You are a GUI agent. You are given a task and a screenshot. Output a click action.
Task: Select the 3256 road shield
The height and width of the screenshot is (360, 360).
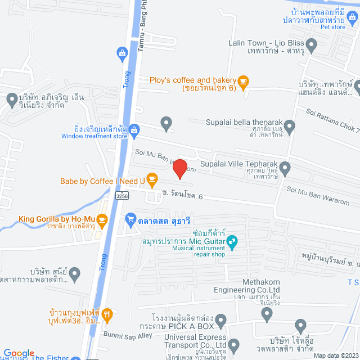[x=122, y=196]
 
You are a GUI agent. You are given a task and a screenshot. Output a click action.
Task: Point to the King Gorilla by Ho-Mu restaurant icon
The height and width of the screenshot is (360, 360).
[x=102, y=219]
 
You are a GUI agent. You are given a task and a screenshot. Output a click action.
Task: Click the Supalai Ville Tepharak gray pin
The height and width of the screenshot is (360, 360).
[x=285, y=167]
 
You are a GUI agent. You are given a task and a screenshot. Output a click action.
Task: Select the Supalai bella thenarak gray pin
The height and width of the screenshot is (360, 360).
[x=289, y=126]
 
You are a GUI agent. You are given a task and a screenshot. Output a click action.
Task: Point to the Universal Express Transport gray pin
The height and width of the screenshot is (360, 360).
[x=234, y=344]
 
